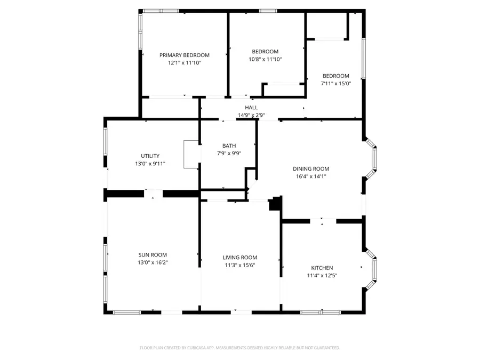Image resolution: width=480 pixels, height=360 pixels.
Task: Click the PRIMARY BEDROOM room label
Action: click(x=184, y=55)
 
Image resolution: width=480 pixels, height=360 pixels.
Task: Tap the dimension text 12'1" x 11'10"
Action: click(x=184, y=62)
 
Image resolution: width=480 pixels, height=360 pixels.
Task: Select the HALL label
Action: click(x=251, y=108)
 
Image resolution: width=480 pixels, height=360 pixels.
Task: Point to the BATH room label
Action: click(x=229, y=146)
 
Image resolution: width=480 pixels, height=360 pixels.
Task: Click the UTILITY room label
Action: click(x=150, y=156)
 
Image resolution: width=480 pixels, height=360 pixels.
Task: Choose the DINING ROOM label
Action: click(x=311, y=169)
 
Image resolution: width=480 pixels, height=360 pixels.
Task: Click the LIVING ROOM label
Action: click(x=239, y=258)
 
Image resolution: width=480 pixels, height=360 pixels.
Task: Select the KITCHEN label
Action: click(x=322, y=268)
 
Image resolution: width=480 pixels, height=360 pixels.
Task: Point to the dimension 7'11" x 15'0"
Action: click(x=335, y=83)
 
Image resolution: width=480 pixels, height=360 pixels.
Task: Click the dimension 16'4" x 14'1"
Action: click(x=311, y=176)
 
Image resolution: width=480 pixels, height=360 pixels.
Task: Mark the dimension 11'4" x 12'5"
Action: click(x=322, y=275)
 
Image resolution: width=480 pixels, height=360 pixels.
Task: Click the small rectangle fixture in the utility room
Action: click(x=191, y=155)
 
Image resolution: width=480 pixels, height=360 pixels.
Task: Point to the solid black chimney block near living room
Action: click(x=276, y=203)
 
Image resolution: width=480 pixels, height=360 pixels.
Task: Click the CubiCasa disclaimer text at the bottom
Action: click(x=239, y=348)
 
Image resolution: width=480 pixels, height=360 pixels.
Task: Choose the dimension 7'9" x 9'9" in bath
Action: click(x=229, y=153)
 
